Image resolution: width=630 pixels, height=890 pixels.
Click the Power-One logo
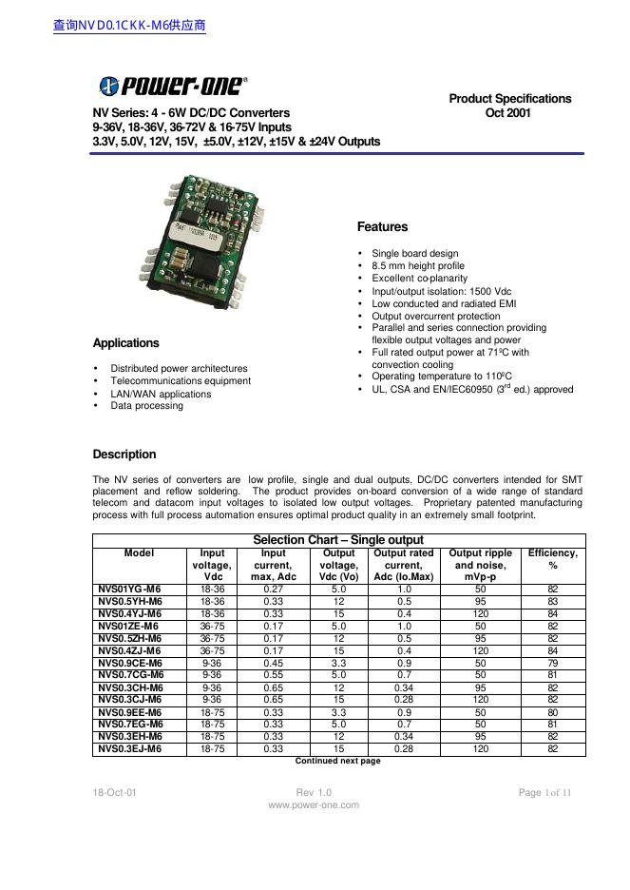173,86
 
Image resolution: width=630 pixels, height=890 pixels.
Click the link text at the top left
129,26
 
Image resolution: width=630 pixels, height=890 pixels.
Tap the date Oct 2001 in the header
509,113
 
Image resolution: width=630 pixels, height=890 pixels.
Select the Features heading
382,227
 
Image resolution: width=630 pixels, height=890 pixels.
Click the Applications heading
125,343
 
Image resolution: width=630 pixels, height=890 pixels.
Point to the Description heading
124,455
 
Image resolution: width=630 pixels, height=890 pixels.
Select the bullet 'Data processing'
146,406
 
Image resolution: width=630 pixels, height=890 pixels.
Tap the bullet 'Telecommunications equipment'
181,381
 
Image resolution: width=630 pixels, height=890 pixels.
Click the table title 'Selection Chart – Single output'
338,540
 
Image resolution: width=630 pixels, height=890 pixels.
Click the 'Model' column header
139,553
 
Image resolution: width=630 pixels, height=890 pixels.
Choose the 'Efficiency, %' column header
552,559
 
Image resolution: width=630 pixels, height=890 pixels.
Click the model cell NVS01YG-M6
130,590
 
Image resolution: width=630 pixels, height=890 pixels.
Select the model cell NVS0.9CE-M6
130,663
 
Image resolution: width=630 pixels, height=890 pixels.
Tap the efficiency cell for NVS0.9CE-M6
552,663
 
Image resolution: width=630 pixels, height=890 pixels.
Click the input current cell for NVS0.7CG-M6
273,675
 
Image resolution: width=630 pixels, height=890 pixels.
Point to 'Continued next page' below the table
337,762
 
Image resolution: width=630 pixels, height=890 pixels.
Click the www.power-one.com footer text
314,805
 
